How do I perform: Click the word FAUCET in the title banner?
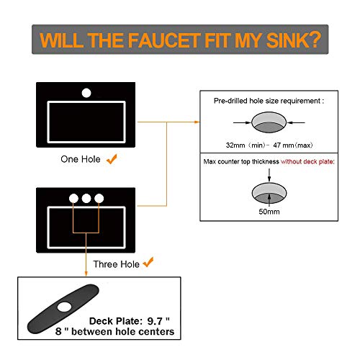[x=164, y=40]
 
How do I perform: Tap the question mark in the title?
[x=314, y=40]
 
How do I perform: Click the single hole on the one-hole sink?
[x=86, y=93]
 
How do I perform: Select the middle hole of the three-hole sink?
[x=86, y=199]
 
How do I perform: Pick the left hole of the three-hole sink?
[x=73, y=199]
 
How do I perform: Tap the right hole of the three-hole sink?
[x=99, y=199]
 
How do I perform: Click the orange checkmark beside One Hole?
[x=112, y=159]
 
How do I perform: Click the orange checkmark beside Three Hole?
[x=148, y=262]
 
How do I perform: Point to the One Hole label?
[x=81, y=159]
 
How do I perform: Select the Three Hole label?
[x=117, y=264]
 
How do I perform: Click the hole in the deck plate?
[x=64, y=307]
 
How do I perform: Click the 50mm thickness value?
[x=269, y=212]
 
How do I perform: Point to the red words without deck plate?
[x=307, y=161]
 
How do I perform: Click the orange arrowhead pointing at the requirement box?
[x=197, y=122]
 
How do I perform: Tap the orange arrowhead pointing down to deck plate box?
[x=86, y=274]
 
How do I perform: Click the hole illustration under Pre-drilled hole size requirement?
[x=269, y=122]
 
